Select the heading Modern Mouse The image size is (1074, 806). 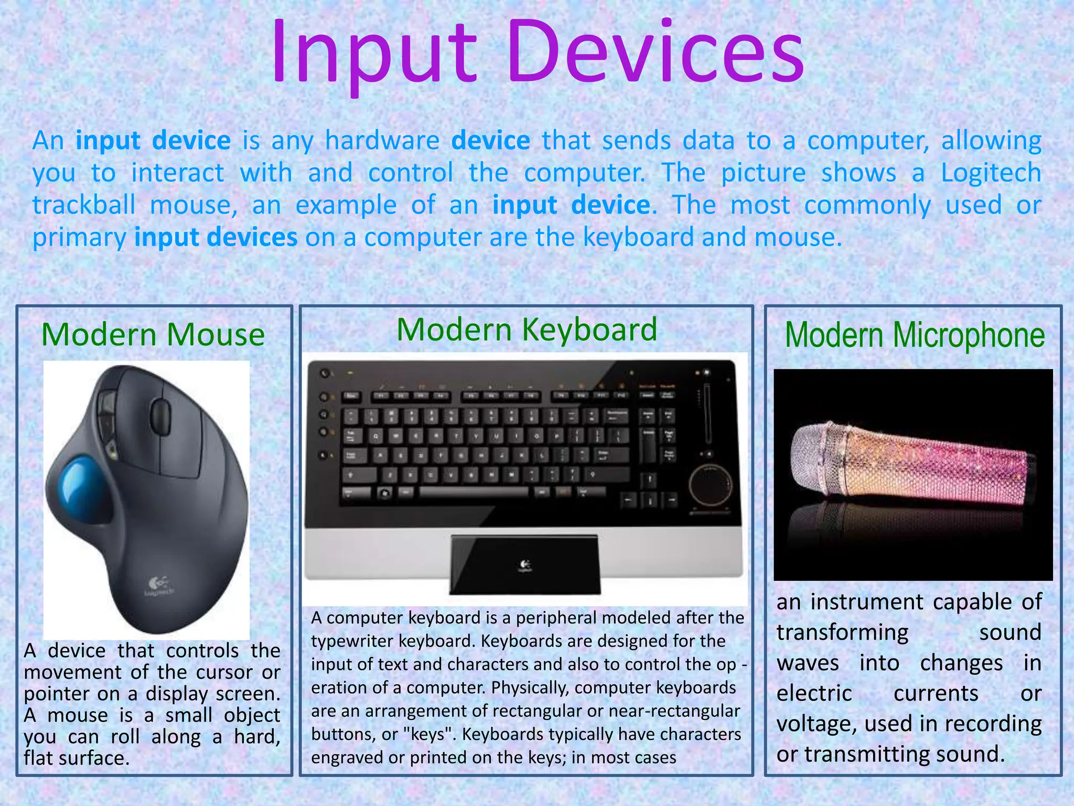(153, 335)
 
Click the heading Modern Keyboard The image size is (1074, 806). (527, 330)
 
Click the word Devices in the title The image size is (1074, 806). (656, 52)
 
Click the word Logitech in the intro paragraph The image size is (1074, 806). (991, 173)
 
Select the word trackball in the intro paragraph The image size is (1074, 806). (84, 205)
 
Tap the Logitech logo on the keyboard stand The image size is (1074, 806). (525, 566)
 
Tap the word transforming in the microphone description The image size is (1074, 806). (842, 633)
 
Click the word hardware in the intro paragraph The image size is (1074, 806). (382, 141)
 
